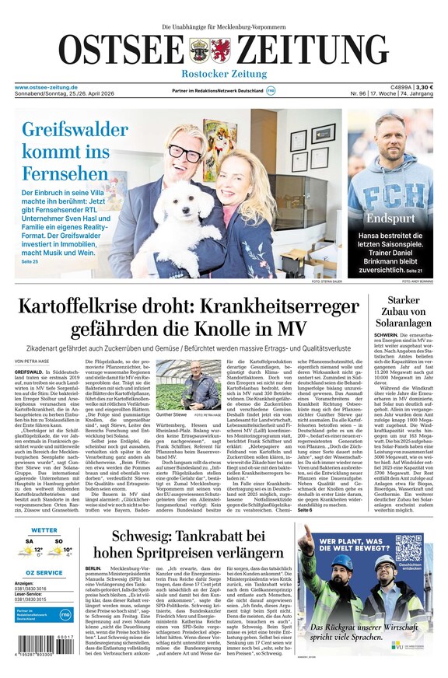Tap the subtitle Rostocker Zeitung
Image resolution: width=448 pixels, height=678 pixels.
click(x=224, y=74)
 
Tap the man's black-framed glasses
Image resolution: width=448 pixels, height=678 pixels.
click(x=185, y=153)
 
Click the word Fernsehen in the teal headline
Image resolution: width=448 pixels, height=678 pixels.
click(x=65, y=173)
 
